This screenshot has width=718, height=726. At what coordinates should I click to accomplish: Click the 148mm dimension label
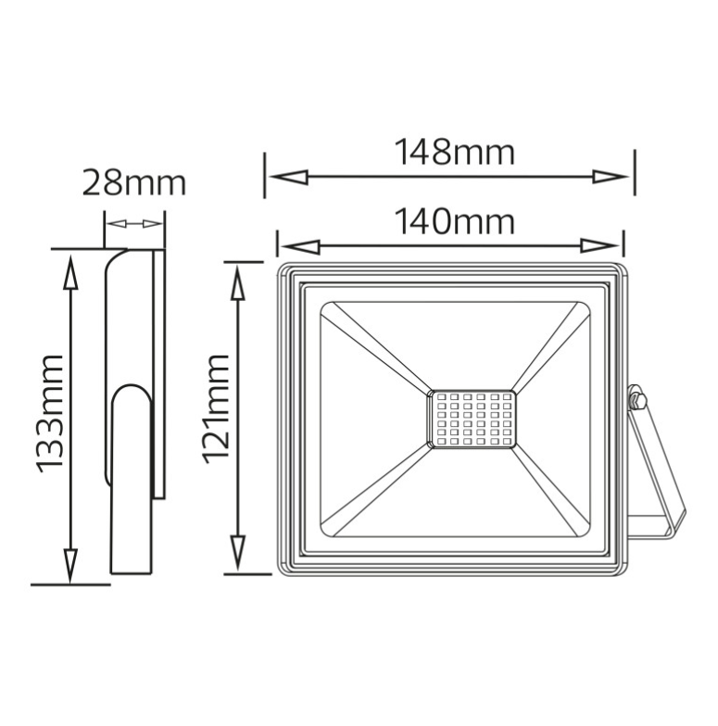(x=454, y=151)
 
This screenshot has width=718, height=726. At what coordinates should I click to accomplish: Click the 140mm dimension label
(x=454, y=222)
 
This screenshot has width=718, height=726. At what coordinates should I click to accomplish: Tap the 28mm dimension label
(x=133, y=182)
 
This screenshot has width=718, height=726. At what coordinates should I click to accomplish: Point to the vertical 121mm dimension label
(x=216, y=408)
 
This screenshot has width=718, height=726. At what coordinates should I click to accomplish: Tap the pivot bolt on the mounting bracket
(x=636, y=401)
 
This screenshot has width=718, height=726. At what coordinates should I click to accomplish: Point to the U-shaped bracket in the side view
(x=132, y=482)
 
